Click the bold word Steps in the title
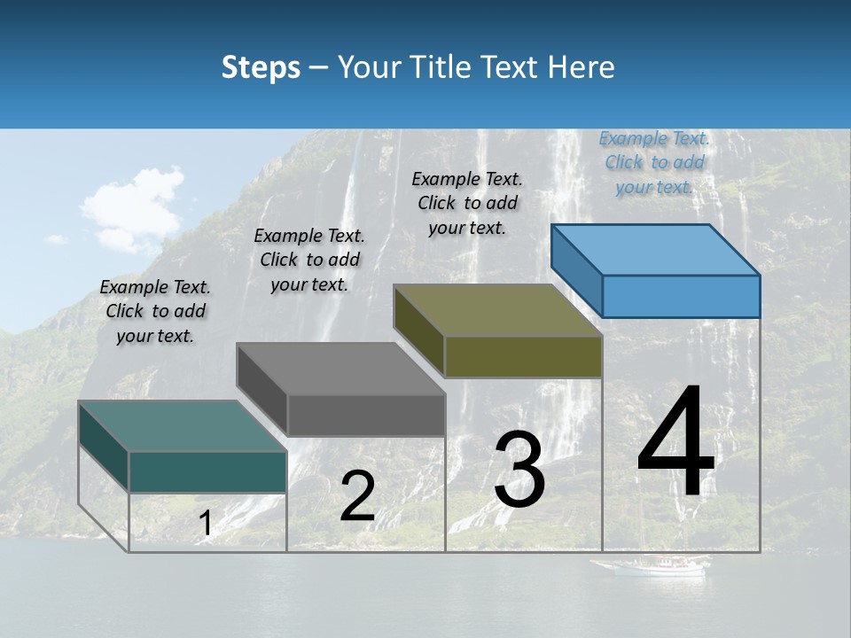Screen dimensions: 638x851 click(x=261, y=67)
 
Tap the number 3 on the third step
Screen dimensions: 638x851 click(x=519, y=470)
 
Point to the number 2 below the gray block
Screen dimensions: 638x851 click(x=357, y=496)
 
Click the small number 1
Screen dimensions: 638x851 click(x=205, y=524)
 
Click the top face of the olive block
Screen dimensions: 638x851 click(x=496, y=310)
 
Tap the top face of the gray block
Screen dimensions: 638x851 click(x=340, y=369)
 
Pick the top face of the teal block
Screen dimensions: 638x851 click(x=182, y=426)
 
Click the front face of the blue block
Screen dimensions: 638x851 click(x=681, y=296)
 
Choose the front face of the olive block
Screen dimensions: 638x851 click(x=523, y=357)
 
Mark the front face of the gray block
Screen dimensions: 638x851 click(x=366, y=416)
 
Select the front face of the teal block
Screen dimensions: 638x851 click(x=207, y=472)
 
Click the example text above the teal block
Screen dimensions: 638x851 click(x=155, y=311)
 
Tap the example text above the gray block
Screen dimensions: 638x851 click(x=309, y=260)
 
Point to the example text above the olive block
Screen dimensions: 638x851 click(x=467, y=203)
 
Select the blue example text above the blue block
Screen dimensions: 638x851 click(x=654, y=162)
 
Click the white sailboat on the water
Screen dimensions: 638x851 click(x=652, y=564)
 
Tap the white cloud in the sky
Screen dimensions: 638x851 click(x=133, y=208)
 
